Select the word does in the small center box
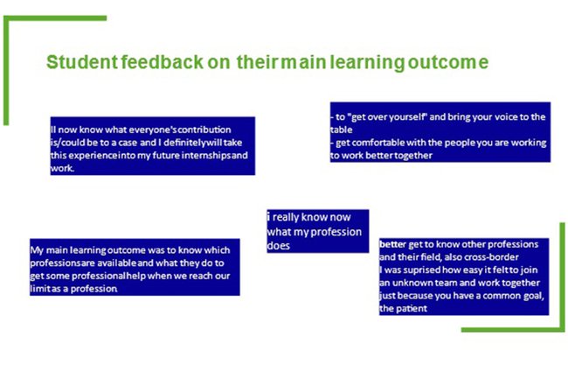280,246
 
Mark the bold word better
393,243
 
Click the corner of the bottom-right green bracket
561,329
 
